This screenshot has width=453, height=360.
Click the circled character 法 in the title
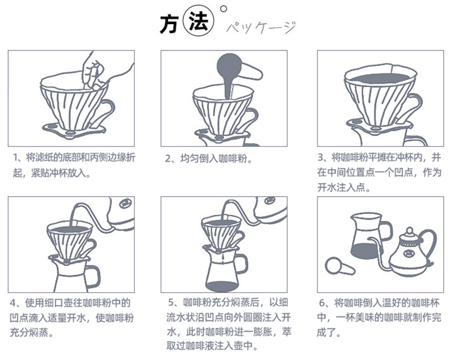click(x=199, y=22)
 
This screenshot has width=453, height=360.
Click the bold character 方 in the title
click(x=169, y=24)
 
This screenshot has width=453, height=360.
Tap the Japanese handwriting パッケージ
click(x=261, y=28)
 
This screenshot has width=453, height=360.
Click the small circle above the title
click(x=223, y=9)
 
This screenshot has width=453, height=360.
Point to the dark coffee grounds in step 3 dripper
click(x=380, y=79)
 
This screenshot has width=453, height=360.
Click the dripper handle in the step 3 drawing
click(x=416, y=104)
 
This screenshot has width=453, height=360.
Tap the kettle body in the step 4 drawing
click(x=122, y=211)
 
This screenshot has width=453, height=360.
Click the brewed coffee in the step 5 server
click(x=221, y=286)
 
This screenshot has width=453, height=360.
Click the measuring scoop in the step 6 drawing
click(x=338, y=267)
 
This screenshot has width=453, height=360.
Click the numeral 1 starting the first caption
click(x=15, y=158)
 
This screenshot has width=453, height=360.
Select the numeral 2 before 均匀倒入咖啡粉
click(x=168, y=159)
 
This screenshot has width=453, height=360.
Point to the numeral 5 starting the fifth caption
click(x=171, y=303)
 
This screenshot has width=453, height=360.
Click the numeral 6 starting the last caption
click(x=322, y=303)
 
